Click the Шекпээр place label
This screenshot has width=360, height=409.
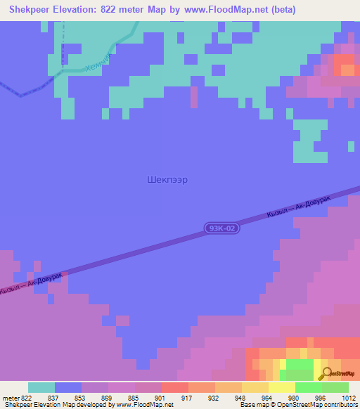pos(168,179)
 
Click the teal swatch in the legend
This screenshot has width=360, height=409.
pos(41,387)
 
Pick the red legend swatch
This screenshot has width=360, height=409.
pos(175,387)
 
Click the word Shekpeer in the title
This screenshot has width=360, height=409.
pos(28,10)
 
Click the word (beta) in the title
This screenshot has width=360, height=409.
pos(282,10)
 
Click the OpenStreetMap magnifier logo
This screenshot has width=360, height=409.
pos(326,373)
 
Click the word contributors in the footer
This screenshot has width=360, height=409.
pos(341,405)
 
